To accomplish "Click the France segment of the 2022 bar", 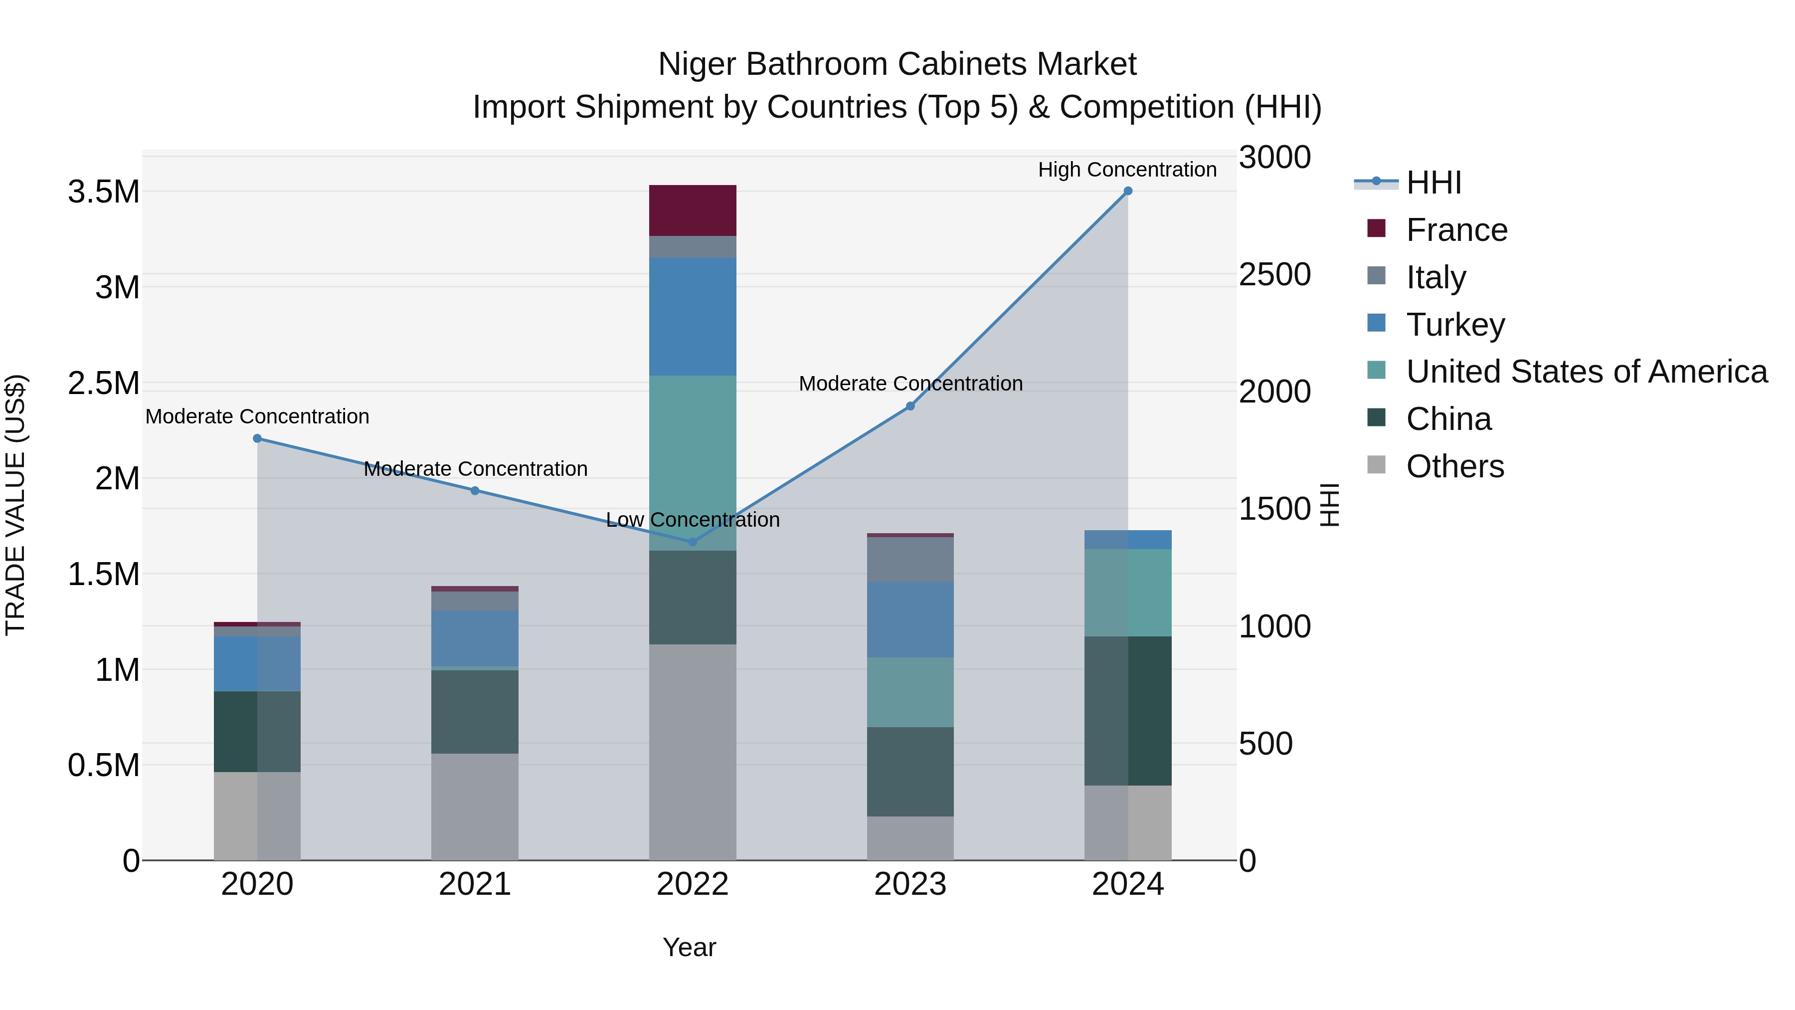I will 693,210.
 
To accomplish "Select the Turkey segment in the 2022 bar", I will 693,317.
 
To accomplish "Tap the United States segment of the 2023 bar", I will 910,692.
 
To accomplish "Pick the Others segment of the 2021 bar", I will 475,807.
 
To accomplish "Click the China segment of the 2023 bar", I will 910,772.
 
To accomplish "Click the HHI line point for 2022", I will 692,542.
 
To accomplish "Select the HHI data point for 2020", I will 257,438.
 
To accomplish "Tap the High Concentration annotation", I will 1127,170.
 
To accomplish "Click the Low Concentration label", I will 692,520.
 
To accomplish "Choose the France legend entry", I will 1456,230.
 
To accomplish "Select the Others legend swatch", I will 1376,465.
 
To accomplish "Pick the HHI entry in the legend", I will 1434,183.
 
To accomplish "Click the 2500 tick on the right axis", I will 1274,275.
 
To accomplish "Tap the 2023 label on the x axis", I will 910,884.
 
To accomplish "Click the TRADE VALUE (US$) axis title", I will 15,505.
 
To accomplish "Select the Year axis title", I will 689,947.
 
